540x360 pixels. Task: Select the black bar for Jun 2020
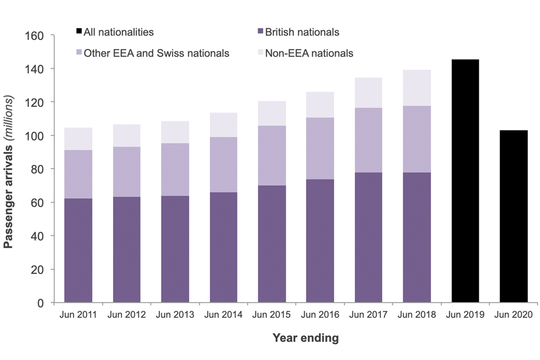pyautogui.click(x=514, y=217)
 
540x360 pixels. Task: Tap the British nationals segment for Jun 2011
pyautogui.click(x=78, y=250)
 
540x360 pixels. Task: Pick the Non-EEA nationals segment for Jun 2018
pyautogui.click(x=417, y=88)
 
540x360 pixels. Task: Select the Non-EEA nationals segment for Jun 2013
pyautogui.click(x=175, y=132)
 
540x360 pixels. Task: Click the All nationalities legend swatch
pyautogui.click(x=79, y=32)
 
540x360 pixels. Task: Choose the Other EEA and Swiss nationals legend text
pyautogui.click(x=156, y=53)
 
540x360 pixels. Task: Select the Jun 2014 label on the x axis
pyautogui.click(x=223, y=315)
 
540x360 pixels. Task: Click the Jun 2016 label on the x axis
pyautogui.click(x=320, y=315)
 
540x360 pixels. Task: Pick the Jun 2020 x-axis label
pyautogui.click(x=514, y=315)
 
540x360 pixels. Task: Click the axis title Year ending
pyautogui.click(x=305, y=338)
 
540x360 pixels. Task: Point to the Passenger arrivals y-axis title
pyautogui.click(x=10, y=169)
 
